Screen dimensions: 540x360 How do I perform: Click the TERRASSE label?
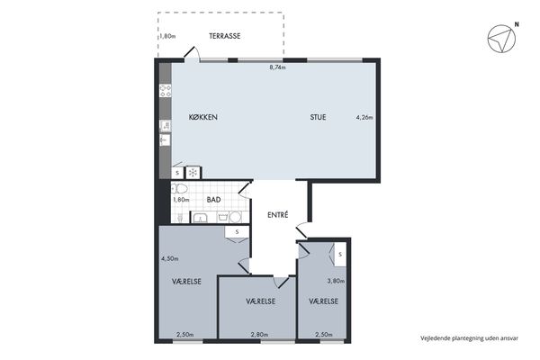(224, 36)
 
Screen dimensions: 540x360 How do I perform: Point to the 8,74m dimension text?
(277, 67)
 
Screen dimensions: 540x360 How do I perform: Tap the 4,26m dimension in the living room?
(364, 118)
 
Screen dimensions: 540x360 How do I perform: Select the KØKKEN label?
(203, 117)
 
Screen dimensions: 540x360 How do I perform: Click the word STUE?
(318, 117)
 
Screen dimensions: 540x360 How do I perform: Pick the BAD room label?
(213, 200)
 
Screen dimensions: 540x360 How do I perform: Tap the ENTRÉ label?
(277, 214)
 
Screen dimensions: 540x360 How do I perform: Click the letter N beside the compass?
(517, 24)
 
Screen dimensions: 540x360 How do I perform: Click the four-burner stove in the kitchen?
(166, 91)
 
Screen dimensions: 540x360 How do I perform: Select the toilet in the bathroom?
(179, 189)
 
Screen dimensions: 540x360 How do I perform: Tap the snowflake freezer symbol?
(193, 173)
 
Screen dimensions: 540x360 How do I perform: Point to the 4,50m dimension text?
(170, 258)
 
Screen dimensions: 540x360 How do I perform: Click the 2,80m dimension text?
(260, 335)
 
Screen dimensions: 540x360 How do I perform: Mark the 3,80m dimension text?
(336, 281)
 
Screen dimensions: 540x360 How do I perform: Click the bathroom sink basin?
(200, 218)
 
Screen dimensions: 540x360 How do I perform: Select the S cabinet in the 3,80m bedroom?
(340, 255)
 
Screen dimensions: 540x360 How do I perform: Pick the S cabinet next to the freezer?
(177, 173)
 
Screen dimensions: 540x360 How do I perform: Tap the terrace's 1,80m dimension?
(167, 36)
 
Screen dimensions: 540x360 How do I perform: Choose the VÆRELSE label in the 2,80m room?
(261, 301)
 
